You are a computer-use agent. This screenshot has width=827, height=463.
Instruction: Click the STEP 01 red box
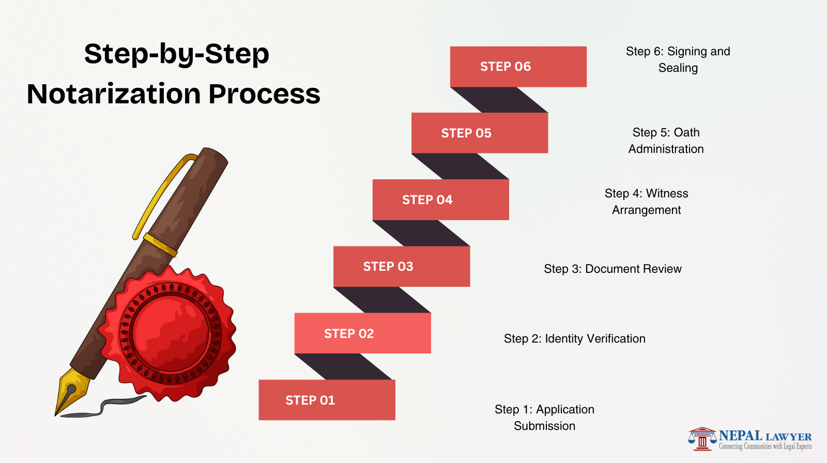point(327,400)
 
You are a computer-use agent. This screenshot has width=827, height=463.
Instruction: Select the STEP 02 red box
point(362,333)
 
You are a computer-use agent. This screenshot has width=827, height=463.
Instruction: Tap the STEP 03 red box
point(402,267)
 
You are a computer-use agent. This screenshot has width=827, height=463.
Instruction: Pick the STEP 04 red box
point(440,200)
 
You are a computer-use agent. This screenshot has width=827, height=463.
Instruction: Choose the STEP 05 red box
point(479,133)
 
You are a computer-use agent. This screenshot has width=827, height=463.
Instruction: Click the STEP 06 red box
point(518,67)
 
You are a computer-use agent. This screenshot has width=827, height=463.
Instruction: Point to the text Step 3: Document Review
point(612,269)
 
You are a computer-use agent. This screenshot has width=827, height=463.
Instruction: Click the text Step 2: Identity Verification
point(574,338)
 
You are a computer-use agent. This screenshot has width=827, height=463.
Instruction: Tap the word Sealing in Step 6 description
point(678,68)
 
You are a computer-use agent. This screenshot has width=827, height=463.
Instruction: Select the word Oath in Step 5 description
point(686,132)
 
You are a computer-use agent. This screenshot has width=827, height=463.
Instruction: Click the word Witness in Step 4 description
point(667,193)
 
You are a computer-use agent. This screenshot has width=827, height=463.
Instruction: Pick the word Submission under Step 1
point(544,426)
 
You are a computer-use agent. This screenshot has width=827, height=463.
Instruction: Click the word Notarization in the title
point(114,94)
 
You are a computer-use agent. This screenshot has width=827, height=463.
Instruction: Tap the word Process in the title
point(264,94)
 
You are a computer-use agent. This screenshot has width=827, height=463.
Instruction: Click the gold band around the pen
point(160,245)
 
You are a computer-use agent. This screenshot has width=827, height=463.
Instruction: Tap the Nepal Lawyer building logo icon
point(702,439)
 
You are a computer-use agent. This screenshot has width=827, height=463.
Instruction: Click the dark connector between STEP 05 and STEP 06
point(499,100)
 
